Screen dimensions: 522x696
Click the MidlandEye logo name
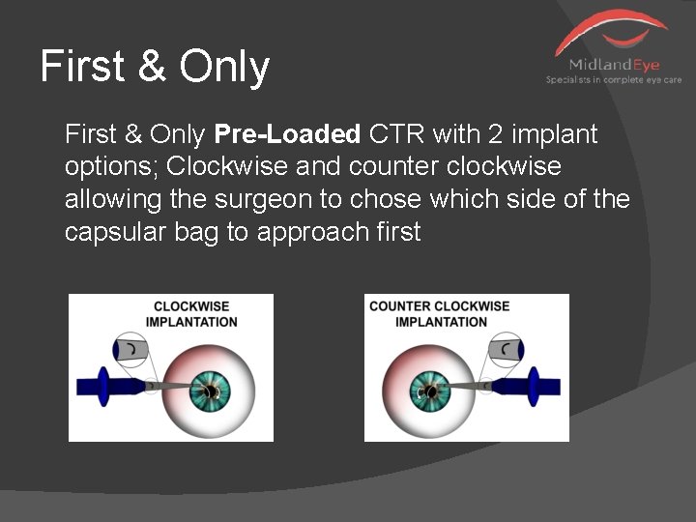tap(614, 65)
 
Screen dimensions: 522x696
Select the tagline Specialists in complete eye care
tap(614, 80)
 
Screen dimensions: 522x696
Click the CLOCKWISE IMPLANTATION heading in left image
tap(193, 314)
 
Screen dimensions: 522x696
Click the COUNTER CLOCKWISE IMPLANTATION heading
tap(440, 314)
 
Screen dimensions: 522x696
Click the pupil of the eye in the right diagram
tap(426, 391)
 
